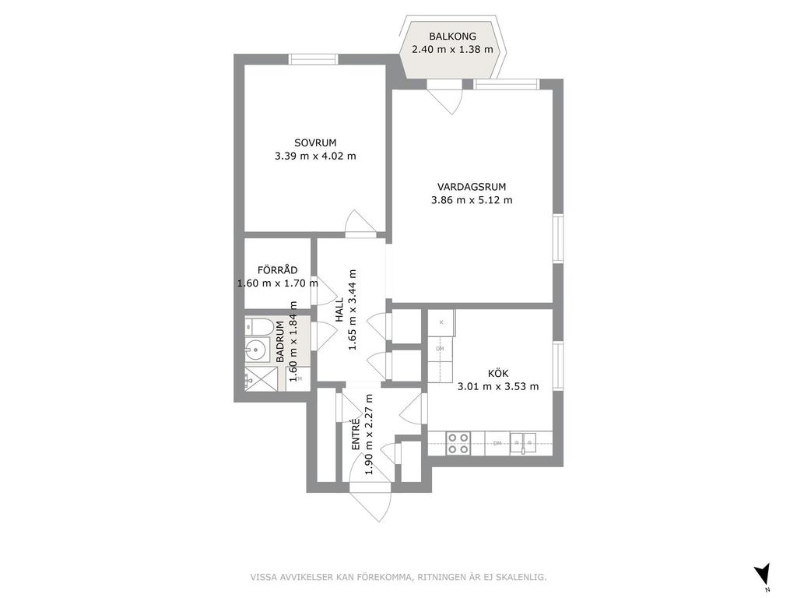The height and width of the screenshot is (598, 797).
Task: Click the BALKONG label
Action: tap(452, 37)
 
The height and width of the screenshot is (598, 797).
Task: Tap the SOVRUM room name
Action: tap(315, 143)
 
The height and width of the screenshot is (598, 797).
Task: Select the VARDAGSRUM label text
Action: tap(472, 187)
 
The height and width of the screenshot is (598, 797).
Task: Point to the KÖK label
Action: tap(498, 374)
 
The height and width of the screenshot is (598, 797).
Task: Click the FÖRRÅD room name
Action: tap(278, 270)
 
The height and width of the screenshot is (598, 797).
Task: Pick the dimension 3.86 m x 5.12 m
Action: tap(472, 200)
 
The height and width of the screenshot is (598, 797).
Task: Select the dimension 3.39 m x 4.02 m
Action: tap(315, 157)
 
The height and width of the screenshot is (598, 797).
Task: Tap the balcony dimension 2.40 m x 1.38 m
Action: tap(452, 50)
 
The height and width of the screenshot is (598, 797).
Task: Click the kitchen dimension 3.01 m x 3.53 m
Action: tap(498, 387)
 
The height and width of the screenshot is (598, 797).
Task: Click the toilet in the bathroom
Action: tap(258, 327)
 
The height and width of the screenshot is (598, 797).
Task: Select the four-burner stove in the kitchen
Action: tap(458, 443)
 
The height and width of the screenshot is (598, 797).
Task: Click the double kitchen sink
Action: tap(522, 443)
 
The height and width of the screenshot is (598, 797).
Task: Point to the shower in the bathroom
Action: tap(262, 379)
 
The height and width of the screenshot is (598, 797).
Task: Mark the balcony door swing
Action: tap(448, 99)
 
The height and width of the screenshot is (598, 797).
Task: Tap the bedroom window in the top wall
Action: tap(314, 59)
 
